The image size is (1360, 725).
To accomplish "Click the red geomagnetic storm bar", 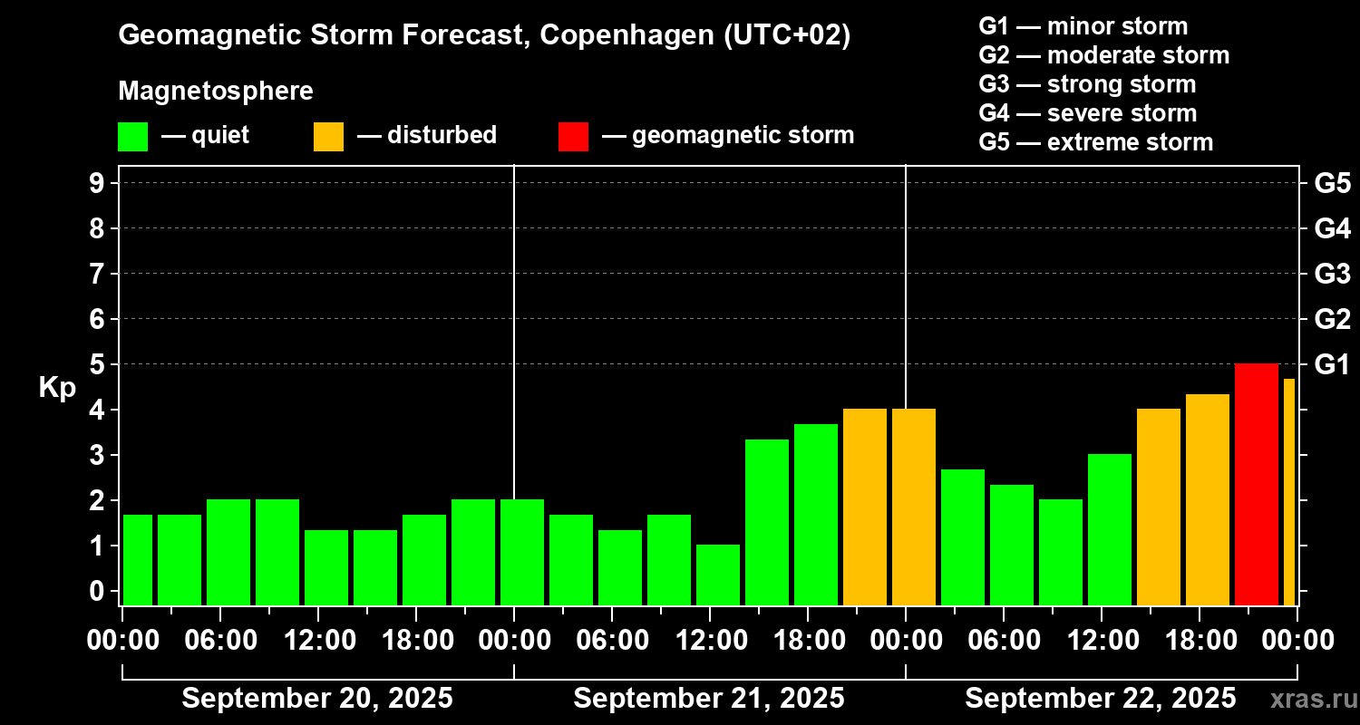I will pyautogui.click(x=1257, y=484).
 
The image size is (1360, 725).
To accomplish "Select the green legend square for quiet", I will pyautogui.click(x=133, y=136).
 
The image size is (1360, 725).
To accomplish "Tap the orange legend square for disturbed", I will pyautogui.click(x=329, y=136).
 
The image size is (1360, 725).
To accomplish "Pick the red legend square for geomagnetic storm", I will pyautogui.click(x=573, y=136).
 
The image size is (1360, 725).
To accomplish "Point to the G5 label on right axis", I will pyautogui.click(x=1332, y=183).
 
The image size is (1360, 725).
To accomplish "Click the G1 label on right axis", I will pyautogui.click(x=1332, y=365).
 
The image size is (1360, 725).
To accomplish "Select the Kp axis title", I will pyautogui.click(x=57, y=388).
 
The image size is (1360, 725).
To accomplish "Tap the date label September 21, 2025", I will pyautogui.click(x=709, y=699).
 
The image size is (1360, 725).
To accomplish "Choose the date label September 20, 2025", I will pyautogui.click(x=317, y=699).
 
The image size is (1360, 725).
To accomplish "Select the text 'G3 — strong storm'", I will pyautogui.click(x=1087, y=84).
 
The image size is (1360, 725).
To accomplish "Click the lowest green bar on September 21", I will pyautogui.click(x=718, y=575).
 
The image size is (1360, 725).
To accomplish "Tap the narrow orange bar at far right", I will pyautogui.click(x=1288, y=491).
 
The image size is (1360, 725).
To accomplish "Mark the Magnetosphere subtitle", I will pyautogui.click(x=216, y=92).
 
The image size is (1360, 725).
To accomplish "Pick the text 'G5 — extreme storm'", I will pyautogui.click(x=1095, y=142).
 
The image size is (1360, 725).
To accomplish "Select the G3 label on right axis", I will pyautogui.click(x=1332, y=274).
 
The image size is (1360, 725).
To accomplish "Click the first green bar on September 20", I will pyautogui.click(x=138, y=559).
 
